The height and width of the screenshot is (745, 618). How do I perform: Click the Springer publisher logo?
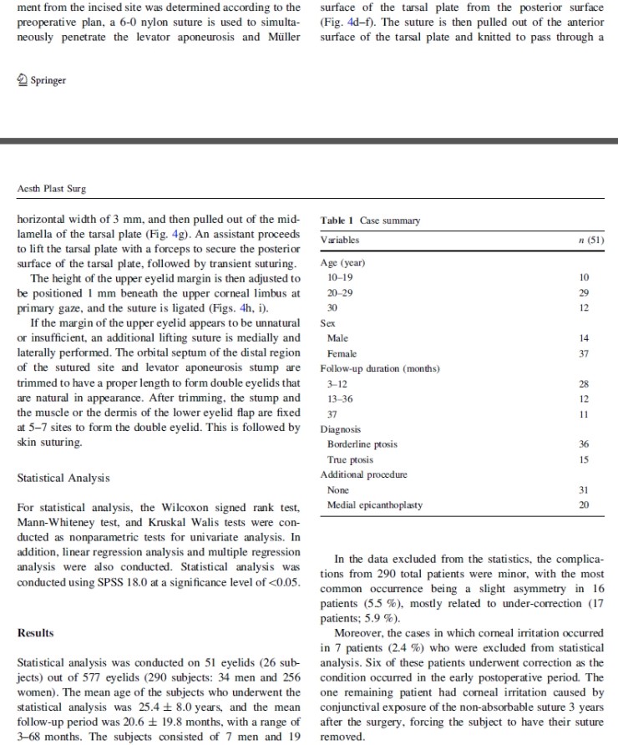[x=42, y=80]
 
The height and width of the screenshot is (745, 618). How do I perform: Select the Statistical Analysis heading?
[x=63, y=479]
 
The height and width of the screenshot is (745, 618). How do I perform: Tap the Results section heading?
[x=37, y=632]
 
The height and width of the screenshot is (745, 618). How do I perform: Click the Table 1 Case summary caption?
[x=370, y=220]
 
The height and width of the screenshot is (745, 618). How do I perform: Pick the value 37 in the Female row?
[x=584, y=353]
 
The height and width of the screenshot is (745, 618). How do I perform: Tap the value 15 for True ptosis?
[x=584, y=460]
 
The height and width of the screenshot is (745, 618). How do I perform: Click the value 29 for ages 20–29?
[x=584, y=291]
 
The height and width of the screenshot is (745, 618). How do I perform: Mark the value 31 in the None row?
[x=584, y=490]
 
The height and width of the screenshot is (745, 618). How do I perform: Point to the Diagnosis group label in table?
[x=343, y=430]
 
